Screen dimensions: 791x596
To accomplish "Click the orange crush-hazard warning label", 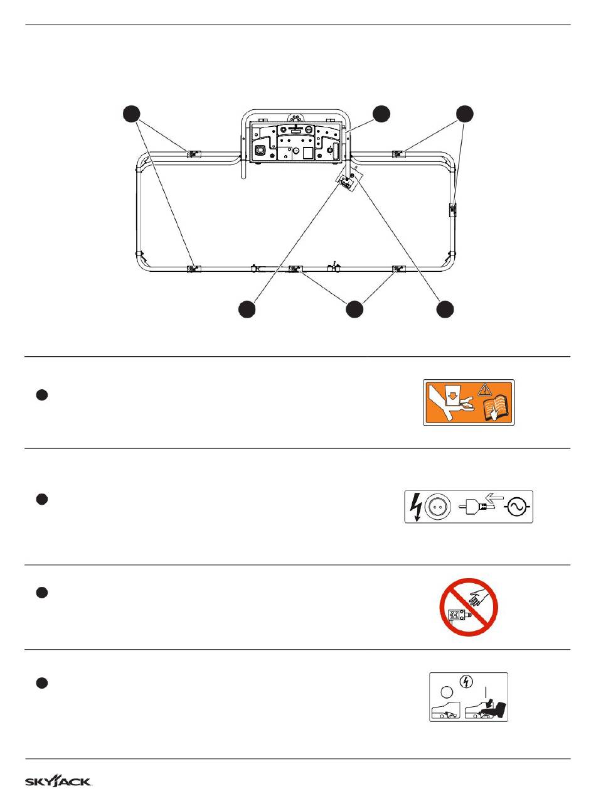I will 469,402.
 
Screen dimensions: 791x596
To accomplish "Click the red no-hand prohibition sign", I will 467,606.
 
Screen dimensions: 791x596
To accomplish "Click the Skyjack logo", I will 58,782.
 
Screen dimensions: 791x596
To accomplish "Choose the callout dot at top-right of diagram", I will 465,114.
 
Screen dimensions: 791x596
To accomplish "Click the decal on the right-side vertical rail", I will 453,209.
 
